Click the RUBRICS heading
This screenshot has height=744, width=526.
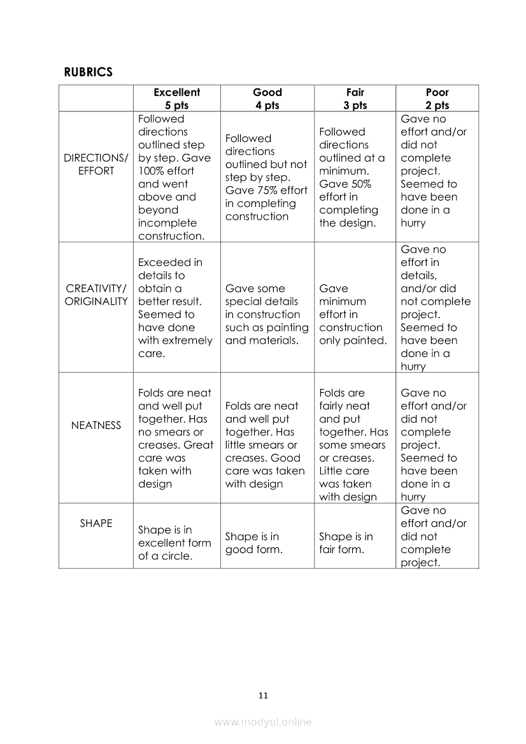click(x=88, y=72)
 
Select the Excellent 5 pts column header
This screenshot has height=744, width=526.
click(x=176, y=99)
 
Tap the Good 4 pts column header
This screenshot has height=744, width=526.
click(x=267, y=99)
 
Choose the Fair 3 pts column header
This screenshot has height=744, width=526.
click(x=355, y=99)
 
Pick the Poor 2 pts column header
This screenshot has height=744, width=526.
click(x=437, y=99)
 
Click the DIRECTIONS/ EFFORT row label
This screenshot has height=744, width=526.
click(x=96, y=164)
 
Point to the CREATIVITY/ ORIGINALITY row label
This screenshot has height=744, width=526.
click(x=96, y=295)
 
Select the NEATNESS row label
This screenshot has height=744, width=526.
click(x=96, y=425)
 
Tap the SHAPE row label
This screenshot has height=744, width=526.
click(x=96, y=523)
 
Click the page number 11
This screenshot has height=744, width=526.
click(x=263, y=695)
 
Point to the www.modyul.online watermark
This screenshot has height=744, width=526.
click(x=263, y=722)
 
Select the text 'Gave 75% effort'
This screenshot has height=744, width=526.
click(x=266, y=190)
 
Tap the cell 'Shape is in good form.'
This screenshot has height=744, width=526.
click(x=253, y=543)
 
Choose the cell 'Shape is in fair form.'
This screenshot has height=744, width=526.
click(x=346, y=543)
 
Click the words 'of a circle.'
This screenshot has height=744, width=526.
click(x=164, y=556)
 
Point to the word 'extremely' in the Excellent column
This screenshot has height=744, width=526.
click(x=189, y=340)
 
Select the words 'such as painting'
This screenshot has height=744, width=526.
click(x=266, y=328)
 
